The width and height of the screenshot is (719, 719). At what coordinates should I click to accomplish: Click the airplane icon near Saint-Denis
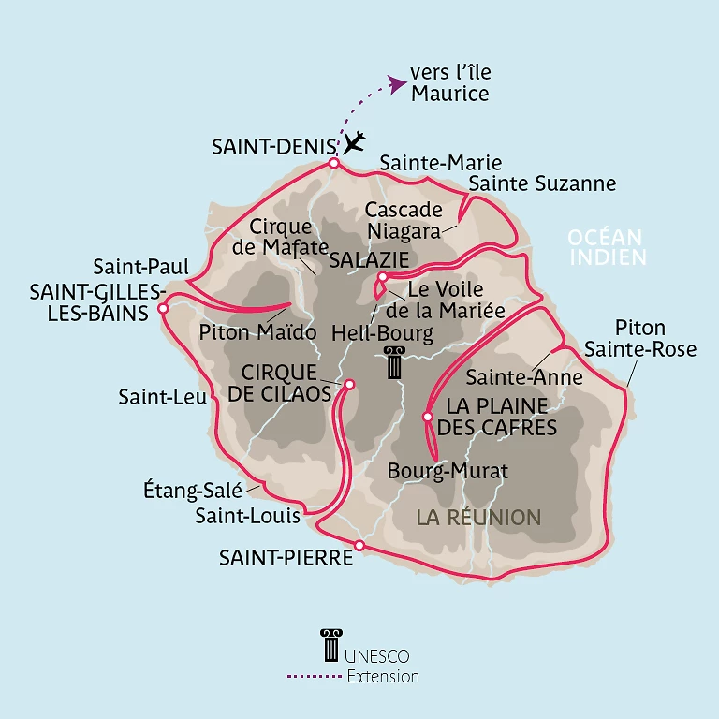[354, 143]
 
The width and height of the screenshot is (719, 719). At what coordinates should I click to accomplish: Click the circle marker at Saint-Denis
[333, 164]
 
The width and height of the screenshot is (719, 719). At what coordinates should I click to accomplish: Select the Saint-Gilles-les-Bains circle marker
[163, 307]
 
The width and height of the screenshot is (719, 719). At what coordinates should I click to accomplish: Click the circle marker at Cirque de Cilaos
[349, 384]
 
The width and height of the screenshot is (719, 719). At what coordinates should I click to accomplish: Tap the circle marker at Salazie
[382, 277]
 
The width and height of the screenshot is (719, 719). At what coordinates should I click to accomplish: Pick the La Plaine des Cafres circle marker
[427, 417]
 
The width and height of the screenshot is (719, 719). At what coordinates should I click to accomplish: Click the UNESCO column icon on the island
[394, 363]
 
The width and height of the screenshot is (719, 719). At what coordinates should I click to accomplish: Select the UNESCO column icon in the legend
[329, 645]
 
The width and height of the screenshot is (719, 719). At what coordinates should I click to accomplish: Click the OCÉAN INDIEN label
[607, 247]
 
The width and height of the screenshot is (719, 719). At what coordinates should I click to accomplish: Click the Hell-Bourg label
[383, 332]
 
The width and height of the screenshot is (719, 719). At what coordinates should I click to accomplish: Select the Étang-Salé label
[192, 489]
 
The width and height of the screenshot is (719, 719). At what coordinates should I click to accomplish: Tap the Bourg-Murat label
[448, 472]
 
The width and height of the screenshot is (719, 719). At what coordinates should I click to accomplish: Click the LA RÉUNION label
[478, 517]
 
